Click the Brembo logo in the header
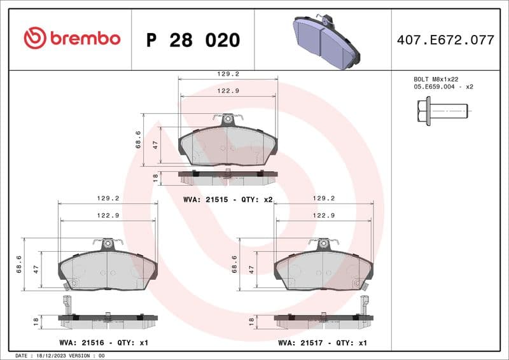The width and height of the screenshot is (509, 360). (x=72, y=39)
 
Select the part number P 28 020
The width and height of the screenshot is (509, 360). (x=193, y=40)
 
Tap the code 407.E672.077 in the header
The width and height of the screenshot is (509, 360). (x=445, y=39)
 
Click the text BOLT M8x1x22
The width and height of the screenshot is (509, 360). (x=436, y=79)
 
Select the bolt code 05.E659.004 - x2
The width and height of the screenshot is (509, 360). (x=443, y=87)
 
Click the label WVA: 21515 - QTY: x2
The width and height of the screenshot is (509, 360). (x=227, y=200)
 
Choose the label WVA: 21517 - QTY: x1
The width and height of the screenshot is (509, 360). (x=323, y=343)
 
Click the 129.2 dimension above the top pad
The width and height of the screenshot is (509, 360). (x=228, y=74)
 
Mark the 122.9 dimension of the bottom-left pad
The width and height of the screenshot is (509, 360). (x=108, y=216)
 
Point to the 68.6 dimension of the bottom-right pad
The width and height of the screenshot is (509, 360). (x=235, y=264)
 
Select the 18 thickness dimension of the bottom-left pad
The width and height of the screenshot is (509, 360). (x=36, y=322)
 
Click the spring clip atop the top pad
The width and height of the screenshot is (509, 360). (x=228, y=118)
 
